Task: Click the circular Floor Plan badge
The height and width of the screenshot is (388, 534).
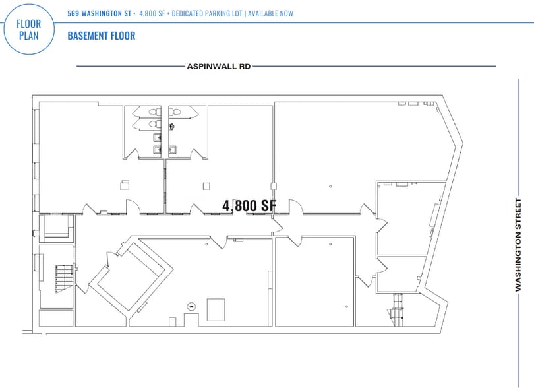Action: pyautogui.click(x=29, y=28)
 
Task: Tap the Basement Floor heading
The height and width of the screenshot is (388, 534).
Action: pyautogui.click(x=101, y=36)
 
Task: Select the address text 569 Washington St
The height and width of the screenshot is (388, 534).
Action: pyautogui.click(x=99, y=13)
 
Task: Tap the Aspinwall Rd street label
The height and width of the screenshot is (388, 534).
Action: pyautogui.click(x=218, y=66)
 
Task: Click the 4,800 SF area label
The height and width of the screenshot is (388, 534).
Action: pyautogui.click(x=249, y=206)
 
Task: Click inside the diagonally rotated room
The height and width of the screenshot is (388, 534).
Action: pyautogui.click(x=131, y=276)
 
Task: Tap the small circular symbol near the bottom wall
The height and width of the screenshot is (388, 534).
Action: pyautogui.click(x=191, y=306)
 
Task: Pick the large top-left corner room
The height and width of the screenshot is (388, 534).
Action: pyautogui.click(x=79, y=155)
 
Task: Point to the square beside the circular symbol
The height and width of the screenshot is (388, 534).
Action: pyautogui.click(x=216, y=308)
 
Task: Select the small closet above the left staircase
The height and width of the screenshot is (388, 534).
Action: pyautogui.click(x=55, y=226)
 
